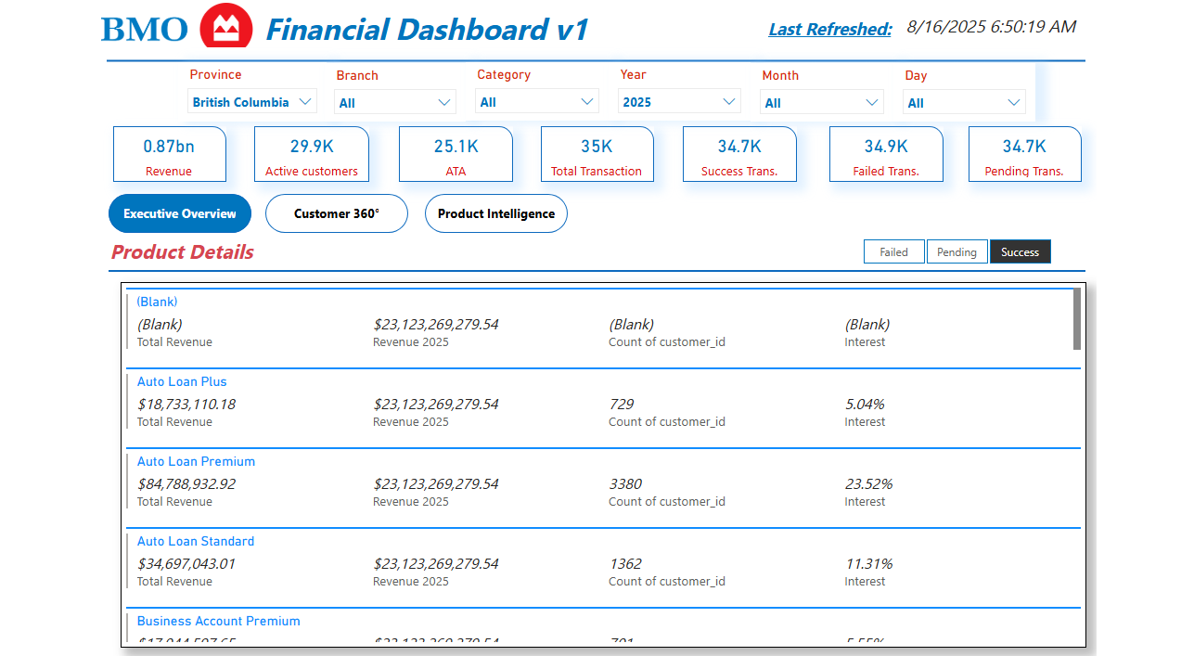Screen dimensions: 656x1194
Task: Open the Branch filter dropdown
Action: coord(395,103)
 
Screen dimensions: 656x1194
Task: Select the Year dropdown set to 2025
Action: coord(679,102)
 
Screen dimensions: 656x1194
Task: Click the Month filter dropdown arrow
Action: coord(871,103)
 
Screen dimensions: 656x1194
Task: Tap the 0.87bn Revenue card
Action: coord(169,154)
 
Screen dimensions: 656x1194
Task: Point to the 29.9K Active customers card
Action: coord(311,154)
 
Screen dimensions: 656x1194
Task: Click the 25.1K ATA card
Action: coord(456,154)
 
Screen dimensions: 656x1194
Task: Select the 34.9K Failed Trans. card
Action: coord(886,154)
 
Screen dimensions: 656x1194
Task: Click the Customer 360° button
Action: coord(336,213)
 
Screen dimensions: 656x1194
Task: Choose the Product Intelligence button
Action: coord(495,213)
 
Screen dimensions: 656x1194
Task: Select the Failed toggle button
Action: coord(893,252)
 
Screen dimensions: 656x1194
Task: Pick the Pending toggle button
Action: coord(956,252)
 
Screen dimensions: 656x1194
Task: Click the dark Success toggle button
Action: coord(1020,252)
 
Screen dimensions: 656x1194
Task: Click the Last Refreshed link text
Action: coord(829,30)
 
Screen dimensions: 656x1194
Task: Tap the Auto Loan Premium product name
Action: coord(196,461)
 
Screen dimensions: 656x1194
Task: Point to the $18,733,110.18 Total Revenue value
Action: coord(186,405)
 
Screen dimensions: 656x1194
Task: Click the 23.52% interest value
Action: coord(868,484)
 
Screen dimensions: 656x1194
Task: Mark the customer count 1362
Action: coord(625,564)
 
